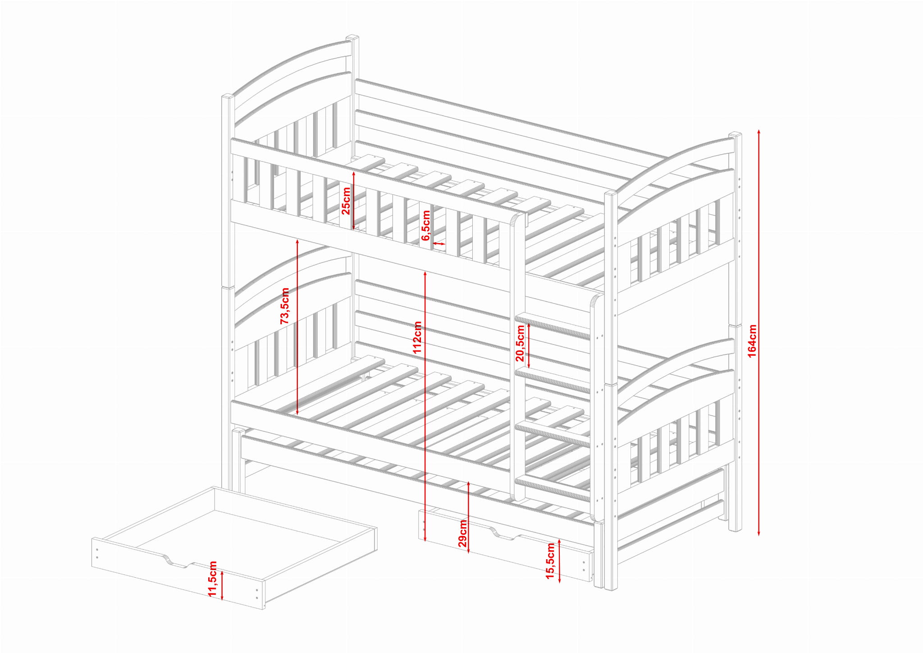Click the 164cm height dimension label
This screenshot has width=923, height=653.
click(x=752, y=341)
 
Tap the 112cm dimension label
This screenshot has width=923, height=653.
click(x=417, y=337)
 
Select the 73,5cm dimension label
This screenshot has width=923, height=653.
click(x=284, y=306)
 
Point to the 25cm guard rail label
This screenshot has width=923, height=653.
click(x=346, y=201)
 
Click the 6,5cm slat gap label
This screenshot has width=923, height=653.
click(x=426, y=225)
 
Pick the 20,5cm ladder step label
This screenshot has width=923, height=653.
click(x=520, y=343)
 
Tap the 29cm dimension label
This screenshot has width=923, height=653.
click(x=463, y=533)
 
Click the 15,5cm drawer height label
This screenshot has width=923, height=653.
click(x=550, y=561)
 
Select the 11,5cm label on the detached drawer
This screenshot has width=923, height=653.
click(x=213, y=579)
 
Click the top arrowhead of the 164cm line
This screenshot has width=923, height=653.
click(x=759, y=132)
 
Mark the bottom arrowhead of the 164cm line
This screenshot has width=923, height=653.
click(x=759, y=533)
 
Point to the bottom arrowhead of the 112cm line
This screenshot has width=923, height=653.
click(x=425, y=538)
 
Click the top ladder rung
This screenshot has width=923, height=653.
click(x=553, y=325)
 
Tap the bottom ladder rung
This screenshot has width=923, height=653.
click(x=553, y=488)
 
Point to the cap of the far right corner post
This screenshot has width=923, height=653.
click(x=736, y=134)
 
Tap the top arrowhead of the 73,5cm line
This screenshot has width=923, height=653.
click(x=297, y=241)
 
